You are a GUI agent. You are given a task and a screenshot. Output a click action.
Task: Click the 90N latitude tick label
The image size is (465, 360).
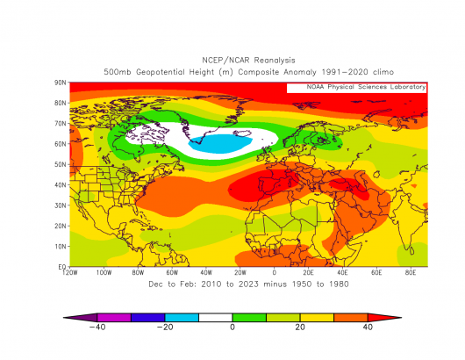(x=61, y=83)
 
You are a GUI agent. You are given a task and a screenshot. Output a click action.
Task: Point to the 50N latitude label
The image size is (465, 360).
(x=61, y=164)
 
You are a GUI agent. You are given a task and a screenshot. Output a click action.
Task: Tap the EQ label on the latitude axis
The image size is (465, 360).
(x=62, y=267)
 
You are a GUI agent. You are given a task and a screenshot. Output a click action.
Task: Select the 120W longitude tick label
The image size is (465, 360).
(x=70, y=272)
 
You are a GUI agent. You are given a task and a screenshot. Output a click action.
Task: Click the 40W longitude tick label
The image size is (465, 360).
(x=206, y=272)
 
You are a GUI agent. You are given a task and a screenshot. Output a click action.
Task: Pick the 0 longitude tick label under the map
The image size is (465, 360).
(x=275, y=272)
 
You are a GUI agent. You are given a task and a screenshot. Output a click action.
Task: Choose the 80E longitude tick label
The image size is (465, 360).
(x=411, y=272)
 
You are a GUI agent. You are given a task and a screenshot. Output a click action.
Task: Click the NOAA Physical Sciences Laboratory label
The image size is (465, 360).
(x=366, y=87)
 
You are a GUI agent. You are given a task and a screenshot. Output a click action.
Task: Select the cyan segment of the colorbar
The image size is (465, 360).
(x=182, y=318)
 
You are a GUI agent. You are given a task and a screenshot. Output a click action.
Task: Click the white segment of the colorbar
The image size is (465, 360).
(x=215, y=318)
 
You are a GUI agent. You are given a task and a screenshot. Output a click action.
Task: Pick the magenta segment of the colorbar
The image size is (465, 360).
(x=114, y=318)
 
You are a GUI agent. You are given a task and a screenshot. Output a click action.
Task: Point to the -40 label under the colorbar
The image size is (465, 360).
(x=97, y=327)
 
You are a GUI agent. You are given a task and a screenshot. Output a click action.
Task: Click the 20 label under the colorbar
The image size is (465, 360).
(x=300, y=327)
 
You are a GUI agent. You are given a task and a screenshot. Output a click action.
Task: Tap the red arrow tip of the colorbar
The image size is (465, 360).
(x=401, y=318)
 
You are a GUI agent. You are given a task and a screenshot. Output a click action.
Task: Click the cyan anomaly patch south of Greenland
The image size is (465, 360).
(x=220, y=144)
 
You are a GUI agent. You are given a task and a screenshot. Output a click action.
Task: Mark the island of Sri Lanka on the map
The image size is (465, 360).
(x=411, y=251)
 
